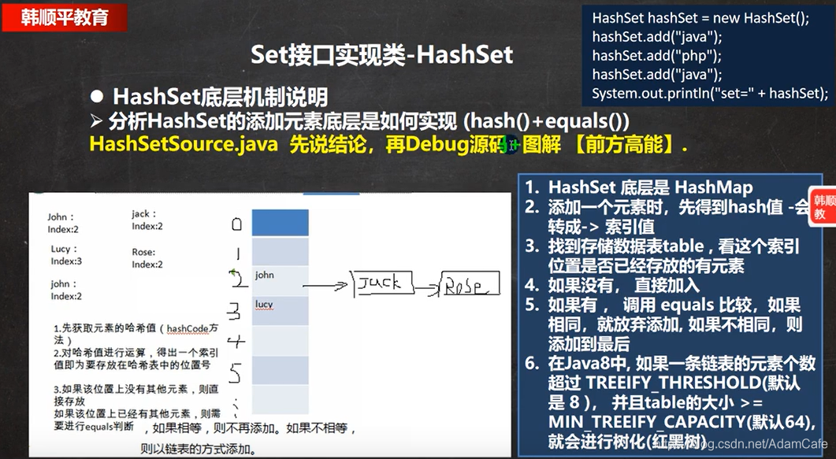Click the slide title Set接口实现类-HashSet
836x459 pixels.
coord(381,54)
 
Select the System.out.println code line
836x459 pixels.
coord(709,93)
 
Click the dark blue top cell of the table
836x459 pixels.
coord(280,223)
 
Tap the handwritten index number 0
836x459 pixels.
coord(236,224)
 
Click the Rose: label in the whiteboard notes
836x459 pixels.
coord(143,253)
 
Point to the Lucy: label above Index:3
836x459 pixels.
coord(64,249)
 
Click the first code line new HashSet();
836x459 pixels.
coord(700,18)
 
